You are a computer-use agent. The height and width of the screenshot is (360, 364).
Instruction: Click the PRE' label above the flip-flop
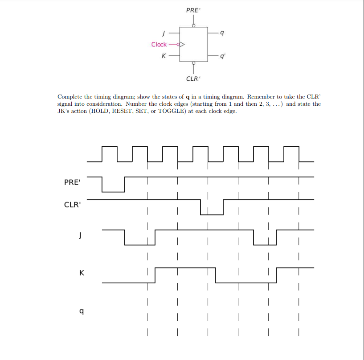(193, 9)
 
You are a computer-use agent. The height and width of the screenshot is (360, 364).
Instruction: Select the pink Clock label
(159, 44)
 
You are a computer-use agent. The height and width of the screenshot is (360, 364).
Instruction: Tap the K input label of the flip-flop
(164, 56)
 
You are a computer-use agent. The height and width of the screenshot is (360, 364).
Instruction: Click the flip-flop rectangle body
(193, 44)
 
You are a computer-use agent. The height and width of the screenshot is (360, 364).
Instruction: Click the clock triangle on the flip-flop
(182, 44)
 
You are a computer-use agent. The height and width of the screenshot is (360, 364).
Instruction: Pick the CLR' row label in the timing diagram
(72, 205)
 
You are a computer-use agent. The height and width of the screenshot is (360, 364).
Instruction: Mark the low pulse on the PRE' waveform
(113, 191)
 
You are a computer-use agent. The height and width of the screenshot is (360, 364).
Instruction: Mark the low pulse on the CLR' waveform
(212, 213)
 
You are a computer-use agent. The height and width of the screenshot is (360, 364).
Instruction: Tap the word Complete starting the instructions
(70, 97)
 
